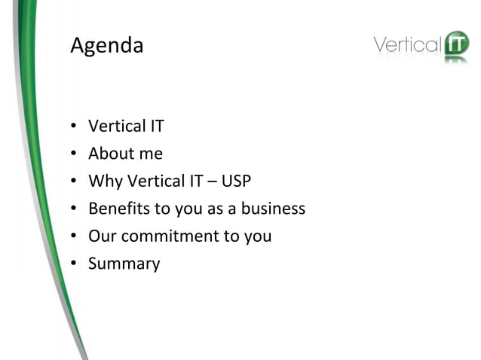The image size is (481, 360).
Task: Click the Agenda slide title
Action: coord(106,47)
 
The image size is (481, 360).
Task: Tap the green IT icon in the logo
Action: coord(455,44)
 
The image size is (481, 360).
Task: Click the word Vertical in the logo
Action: coord(407,45)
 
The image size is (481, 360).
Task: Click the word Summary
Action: coord(124,264)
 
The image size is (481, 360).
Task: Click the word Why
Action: coord(104,182)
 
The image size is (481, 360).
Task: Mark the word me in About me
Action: coord(151,154)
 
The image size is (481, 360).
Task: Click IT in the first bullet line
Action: coord(156,127)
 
